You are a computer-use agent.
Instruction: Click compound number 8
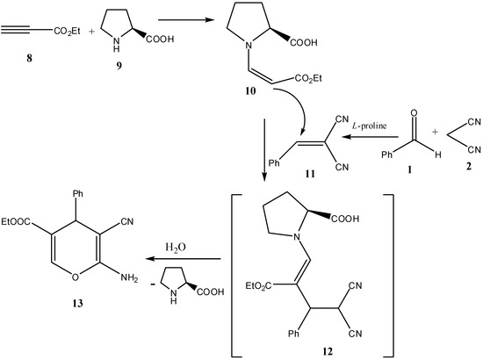pyautogui.click(x=29, y=58)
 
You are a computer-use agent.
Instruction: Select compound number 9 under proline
pyautogui.click(x=119, y=66)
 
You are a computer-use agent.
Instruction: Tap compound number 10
pyautogui.click(x=250, y=90)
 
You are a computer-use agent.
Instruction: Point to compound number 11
pyautogui.click(x=310, y=174)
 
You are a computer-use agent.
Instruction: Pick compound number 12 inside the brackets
pyautogui.click(x=328, y=351)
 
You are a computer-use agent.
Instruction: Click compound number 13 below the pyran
pyautogui.click(x=77, y=303)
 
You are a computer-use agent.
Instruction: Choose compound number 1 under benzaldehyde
pyautogui.click(x=409, y=169)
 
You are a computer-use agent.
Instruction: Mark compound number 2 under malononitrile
pyautogui.click(x=469, y=166)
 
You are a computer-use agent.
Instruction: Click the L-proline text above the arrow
pyautogui.click(x=370, y=126)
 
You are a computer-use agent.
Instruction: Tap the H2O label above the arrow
pyautogui.click(x=176, y=248)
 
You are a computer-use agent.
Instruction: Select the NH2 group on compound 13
pyautogui.click(x=129, y=277)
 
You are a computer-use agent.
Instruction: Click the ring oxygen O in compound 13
pyautogui.click(x=76, y=277)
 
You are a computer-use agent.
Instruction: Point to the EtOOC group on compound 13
pyautogui.click(x=16, y=222)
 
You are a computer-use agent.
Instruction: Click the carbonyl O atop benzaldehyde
pyautogui.click(x=415, y=112)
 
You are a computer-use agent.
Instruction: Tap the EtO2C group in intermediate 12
pyautogui.click(x=258, y=286)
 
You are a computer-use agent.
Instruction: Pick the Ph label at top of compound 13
pyautogui.click(x=77, y=193)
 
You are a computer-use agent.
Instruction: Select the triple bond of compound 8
pyautogui.click(x=16, y=30)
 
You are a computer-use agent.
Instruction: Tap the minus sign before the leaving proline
pyautogui.click(x=153, y=284)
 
